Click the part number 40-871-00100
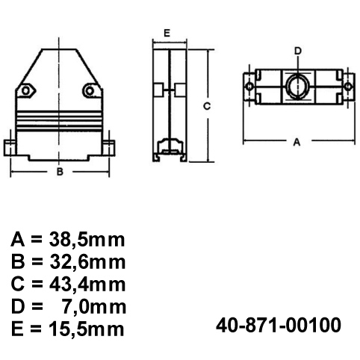point(278,326)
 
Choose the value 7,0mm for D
point(93,306)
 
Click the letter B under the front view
point(59,172)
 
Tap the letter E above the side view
point(167,34)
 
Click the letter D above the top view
point(297,51)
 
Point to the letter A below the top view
point(297,142)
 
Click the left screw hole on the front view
point(28,91)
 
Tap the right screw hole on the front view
point(90,91)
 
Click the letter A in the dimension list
point(20,240)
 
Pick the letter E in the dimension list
point(20,328)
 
